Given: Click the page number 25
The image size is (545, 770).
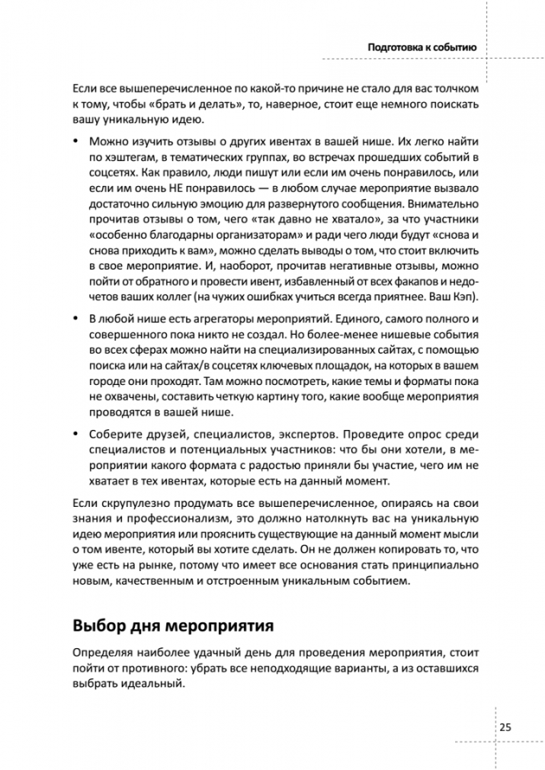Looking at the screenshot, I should pyautogui.click(x=505, y=727).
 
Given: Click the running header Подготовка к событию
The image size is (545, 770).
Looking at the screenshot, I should pyautogui.click(x=422, y=48).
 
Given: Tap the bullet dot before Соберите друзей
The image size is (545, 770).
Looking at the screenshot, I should pyautogui.click(x=76, y=435).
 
